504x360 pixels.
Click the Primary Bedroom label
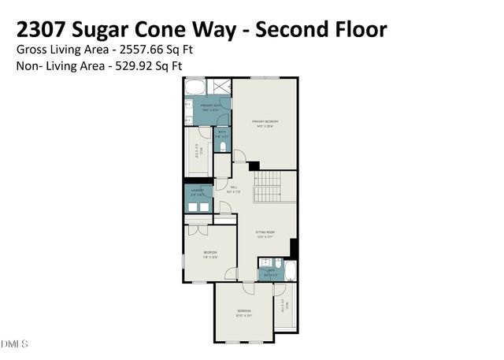[x=265, y=122]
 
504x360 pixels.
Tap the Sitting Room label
[x=265, y=233]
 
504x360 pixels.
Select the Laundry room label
[x=198, y=191]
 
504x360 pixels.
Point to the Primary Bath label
[x=210, y=106]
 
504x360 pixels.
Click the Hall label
[x=233, y=188]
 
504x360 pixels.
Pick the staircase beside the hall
[x=267, y=188]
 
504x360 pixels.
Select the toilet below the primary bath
[x=225, y=147]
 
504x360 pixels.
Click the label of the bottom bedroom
[x=244, y=312]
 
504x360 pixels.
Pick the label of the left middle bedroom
[x=209, y=253]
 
